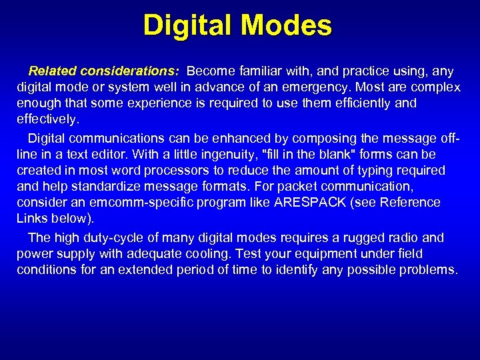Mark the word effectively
47,120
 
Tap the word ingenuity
226,155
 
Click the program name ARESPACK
313,202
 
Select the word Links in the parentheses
33,219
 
